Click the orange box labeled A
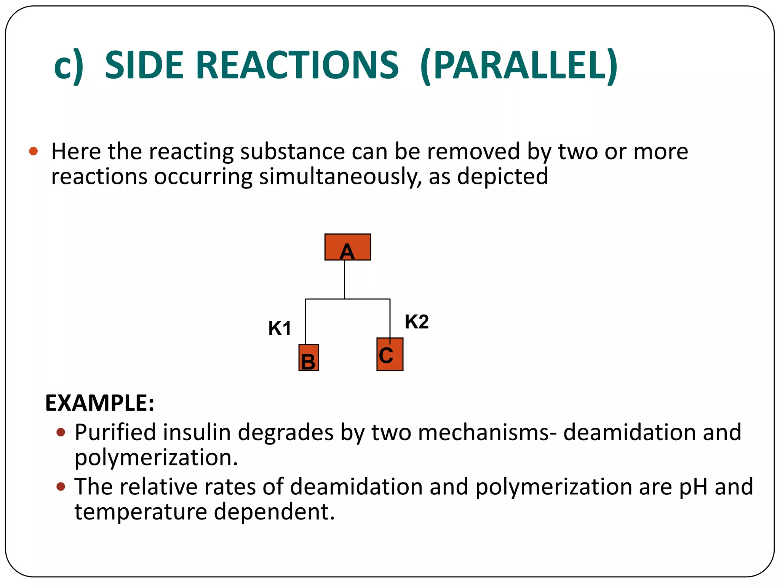(x=347, y=247)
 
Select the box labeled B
(x=308, y=358)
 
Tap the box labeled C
(x=390, y=355)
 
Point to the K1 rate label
(x=280, y=328)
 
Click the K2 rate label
(x=417, y=322)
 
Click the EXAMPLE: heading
(x=100, y=403)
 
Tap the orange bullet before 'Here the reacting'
(x=34, y=151)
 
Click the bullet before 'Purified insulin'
(x=61, y=432)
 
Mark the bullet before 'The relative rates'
(x=61, y=486)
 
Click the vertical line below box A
(x=344, y=279)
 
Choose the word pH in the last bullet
(x=693, y=487)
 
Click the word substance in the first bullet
(x=292, y=152)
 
